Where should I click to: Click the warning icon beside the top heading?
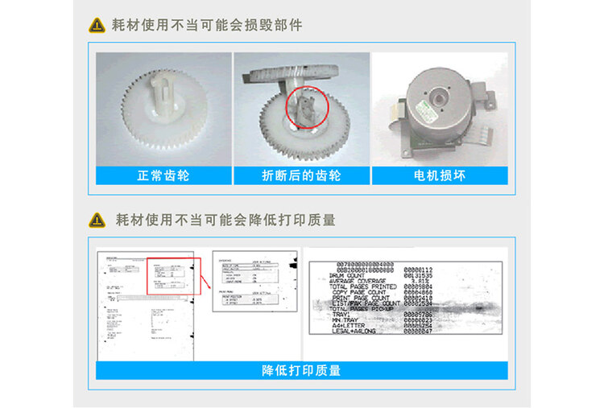click(97, 25)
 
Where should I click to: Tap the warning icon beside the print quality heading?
click(97, 219)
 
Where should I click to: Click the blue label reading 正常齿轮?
click(163, 175)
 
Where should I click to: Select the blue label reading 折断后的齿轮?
click(301, 175)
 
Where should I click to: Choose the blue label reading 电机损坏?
click(439, 175)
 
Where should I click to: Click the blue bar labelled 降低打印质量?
click(301, 370)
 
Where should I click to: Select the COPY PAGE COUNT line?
click(364, 293)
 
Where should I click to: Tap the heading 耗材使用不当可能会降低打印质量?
click(225, 219)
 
